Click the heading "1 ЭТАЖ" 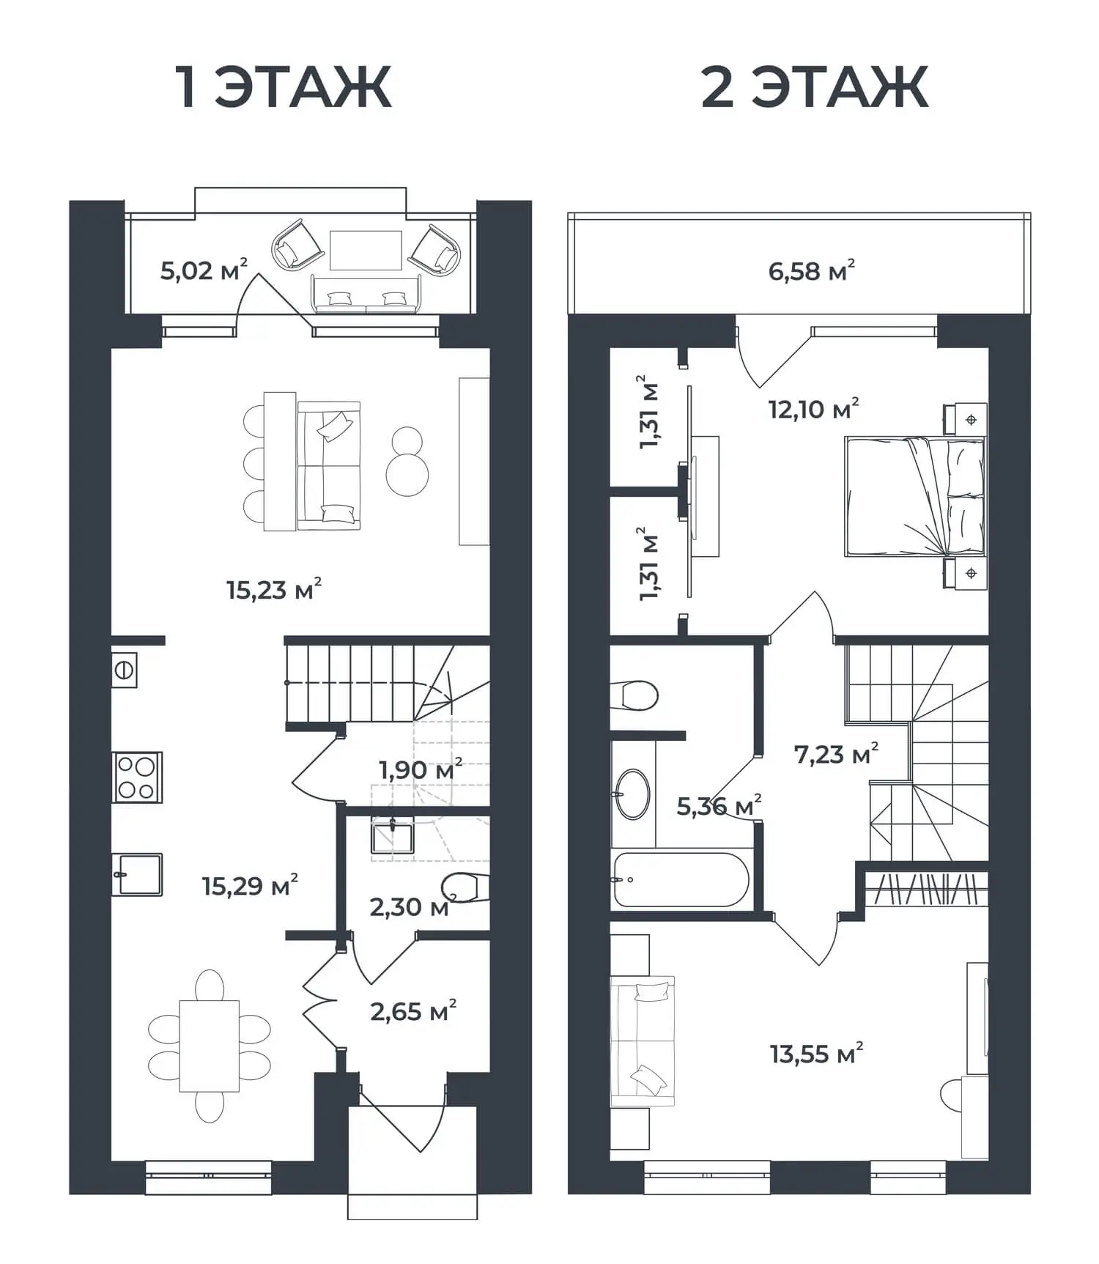(x=283, y=87)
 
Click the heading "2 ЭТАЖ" (x=815, y=87)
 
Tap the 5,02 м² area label (x=204, y=270)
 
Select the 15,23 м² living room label (x=274, y=588)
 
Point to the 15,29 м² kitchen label (x=250, y=885)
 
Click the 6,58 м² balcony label (x=812, y=270)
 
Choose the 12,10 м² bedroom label (x=813, y=408)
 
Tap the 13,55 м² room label (x=816, y=1054)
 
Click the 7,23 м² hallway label (x=836, y=753)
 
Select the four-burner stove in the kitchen (x=137, y=777)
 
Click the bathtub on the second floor (x=681, y=879)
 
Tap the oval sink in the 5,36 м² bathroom (x=632, y=794)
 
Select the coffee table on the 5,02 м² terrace (x=366, y=250)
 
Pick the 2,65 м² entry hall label (x=413, y=1011)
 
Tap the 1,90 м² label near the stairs (x=421, y=769)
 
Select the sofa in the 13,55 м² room (x=643, y=1041)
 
